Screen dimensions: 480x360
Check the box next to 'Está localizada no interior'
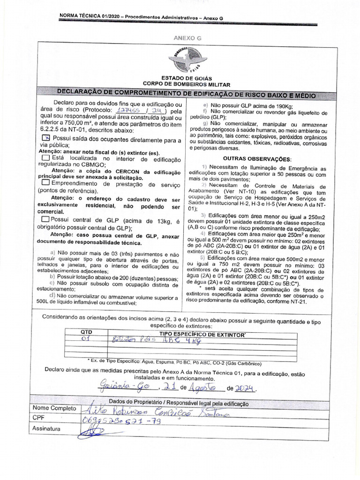(x=45, y=158)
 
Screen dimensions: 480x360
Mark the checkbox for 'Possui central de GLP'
(x=45, y=219)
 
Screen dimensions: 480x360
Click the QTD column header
(x=87, y=331)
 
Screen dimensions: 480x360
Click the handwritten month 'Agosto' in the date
(x=205, y=388)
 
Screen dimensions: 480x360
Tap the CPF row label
(x=38, y=417)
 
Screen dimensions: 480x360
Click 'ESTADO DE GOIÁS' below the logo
(x=187, y=78)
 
